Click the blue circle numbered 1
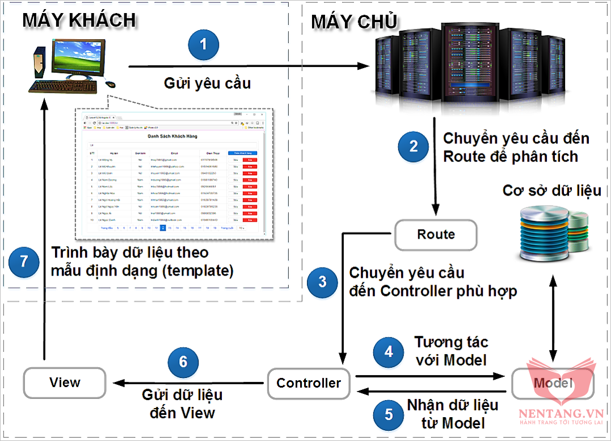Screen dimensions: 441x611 click(204, 44)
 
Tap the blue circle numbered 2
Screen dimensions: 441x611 click(413, 147)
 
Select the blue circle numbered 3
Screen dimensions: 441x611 click(322, 281)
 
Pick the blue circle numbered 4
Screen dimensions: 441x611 click(389, 352)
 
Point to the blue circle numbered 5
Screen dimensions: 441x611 click(389, 414)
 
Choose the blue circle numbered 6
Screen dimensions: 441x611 click(183, 362)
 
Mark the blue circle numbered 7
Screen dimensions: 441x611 click(24, 261)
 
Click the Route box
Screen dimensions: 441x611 click(436, 234)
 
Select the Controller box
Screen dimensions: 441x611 click(309, 382)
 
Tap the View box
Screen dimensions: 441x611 click(65, 382)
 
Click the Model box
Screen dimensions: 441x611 click(553, 383)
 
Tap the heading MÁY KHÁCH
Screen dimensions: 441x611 click(79, 20)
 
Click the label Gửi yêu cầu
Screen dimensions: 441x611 click(207, 84)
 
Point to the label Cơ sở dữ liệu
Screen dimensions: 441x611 click(552, 190)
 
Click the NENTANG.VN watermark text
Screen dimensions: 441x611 click(559, 415)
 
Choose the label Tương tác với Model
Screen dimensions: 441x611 click(451, 351)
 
